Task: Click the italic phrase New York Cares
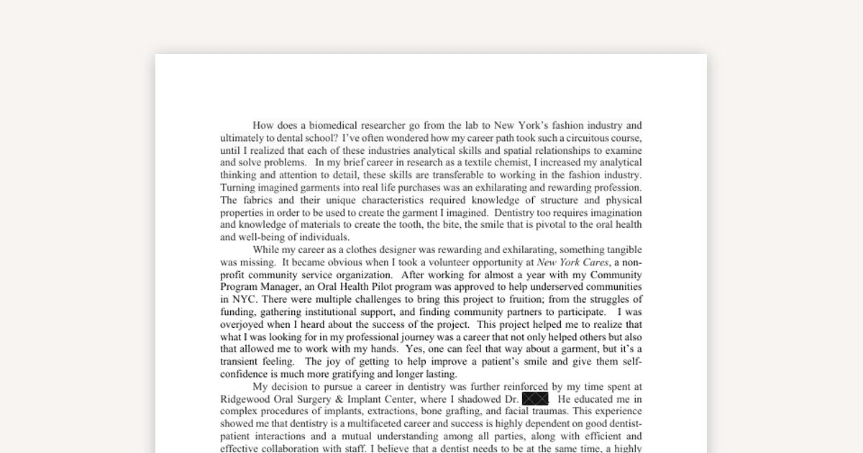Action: point(572,262)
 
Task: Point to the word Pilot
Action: point(383,287)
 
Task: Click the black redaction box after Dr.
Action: point(535,399)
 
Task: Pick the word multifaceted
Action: point(374,424)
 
